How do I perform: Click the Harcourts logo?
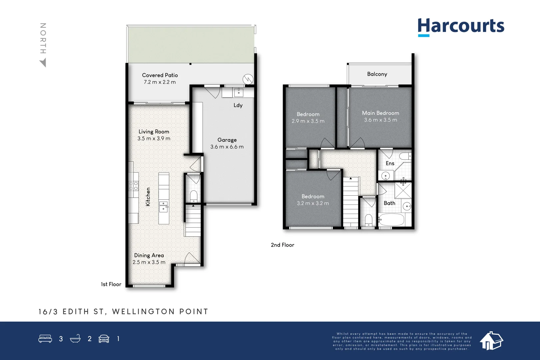(x=461, y=26)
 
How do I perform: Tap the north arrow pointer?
(x=43, y=63)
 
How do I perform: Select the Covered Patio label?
(x=160, y=75)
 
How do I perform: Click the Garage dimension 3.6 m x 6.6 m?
(x=227, y=147)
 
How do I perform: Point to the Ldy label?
(x=238, y=105)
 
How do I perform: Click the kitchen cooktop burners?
(x=133, y=186)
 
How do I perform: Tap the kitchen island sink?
(x=163, y=207)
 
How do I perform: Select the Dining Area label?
(x=149, y=255)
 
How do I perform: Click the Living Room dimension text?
(x=154, y=139)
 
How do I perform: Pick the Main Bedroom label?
(x=380, y=113)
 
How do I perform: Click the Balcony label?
(x=377, y=74)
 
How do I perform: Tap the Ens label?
(x=390, y=163)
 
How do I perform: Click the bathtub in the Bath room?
(x=391, y=220)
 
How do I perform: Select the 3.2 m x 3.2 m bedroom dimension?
(x=313, y=203)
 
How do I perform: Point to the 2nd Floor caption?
(x=282, y=245)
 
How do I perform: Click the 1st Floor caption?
(x=111, y=284)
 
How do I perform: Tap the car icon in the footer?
(x=104, y=339)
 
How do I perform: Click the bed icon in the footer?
(x=45, y=339)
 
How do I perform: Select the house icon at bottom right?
(x=491, y=341)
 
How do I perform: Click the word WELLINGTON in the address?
(x=143, y=312)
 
